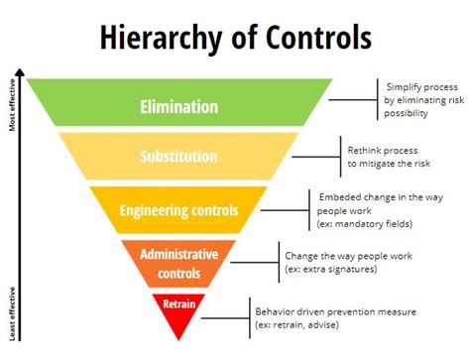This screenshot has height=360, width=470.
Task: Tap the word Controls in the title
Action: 314,37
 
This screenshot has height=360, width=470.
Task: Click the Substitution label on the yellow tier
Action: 178,156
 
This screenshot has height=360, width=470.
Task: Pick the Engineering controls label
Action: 178,209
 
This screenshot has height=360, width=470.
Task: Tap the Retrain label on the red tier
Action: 179,305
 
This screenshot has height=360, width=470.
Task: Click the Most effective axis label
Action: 13,105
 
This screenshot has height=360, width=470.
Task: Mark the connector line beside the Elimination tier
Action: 352,99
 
